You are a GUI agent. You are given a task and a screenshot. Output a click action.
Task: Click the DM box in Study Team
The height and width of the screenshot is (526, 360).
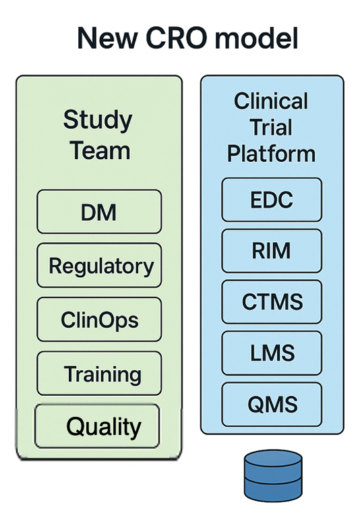point(99,212)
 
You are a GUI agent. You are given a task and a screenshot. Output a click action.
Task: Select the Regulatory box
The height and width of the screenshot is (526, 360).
point(99,265)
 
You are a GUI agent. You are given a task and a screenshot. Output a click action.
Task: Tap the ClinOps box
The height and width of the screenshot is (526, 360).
point(99,320)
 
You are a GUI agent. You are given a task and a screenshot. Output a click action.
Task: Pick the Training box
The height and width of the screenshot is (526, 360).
point(99,374)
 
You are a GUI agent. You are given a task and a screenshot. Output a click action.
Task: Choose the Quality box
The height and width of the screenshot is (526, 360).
point(97,426)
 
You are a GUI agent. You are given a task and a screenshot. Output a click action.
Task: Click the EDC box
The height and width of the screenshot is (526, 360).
point(272,200)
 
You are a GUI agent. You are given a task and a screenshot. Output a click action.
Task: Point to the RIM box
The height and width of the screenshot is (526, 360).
point(272,251)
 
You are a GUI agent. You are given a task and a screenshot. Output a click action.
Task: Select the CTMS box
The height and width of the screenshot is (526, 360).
point(272,302)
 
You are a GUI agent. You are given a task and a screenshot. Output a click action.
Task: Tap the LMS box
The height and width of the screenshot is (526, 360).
point(272,353)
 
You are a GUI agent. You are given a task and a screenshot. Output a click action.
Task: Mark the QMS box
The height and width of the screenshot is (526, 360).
point(272,404)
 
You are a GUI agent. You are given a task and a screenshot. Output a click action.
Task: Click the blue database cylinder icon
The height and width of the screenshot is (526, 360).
point(273,475)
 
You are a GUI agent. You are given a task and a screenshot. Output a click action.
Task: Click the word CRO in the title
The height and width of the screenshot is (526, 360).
point(176,38)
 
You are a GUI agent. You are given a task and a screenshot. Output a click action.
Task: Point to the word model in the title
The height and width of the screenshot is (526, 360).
point(256,38)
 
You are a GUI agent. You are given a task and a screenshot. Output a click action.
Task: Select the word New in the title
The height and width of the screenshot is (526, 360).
point(107,38)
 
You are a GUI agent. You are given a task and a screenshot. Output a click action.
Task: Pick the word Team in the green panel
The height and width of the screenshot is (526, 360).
point(100,150)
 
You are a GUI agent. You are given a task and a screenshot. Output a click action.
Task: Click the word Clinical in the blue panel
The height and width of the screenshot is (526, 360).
point(271,100)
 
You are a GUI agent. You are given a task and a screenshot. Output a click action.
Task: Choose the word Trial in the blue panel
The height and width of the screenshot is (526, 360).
point(271,127)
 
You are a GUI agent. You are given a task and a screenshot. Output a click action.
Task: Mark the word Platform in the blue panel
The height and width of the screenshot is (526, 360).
point(271,154)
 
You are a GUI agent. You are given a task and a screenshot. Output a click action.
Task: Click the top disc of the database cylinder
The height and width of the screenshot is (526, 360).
point(273,459)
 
